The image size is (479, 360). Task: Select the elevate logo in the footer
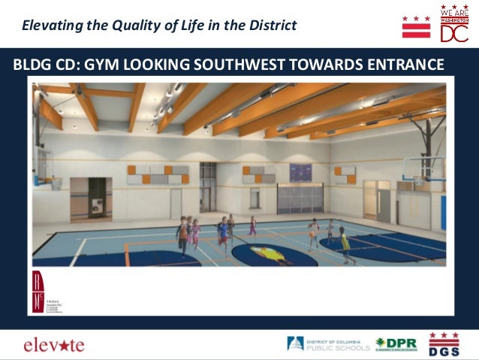click(x=53, y=345)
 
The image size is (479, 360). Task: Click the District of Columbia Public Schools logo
click(x=328, y=344)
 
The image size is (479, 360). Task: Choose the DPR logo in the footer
click(x=396, y=344)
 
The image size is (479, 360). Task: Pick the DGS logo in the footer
click(x=444, y=343)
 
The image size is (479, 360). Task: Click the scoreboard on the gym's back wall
click(x=300, y=172)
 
